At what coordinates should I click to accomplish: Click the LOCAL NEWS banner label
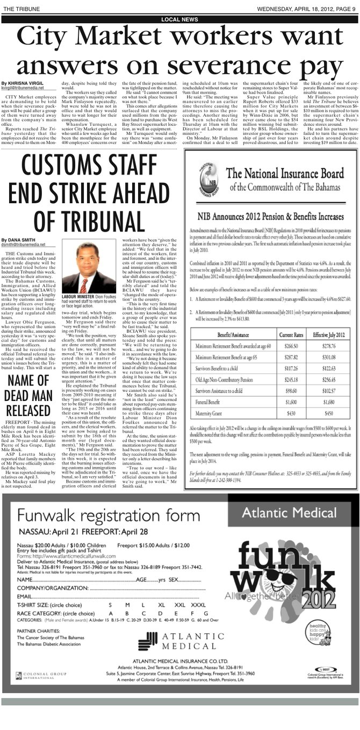click(x=179, y=19)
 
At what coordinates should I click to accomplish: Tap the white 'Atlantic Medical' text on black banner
click(x=289, y=512)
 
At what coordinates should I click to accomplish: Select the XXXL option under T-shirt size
click(x=198, y=605)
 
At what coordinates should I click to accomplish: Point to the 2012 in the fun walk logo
click(x=312, y=598)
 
